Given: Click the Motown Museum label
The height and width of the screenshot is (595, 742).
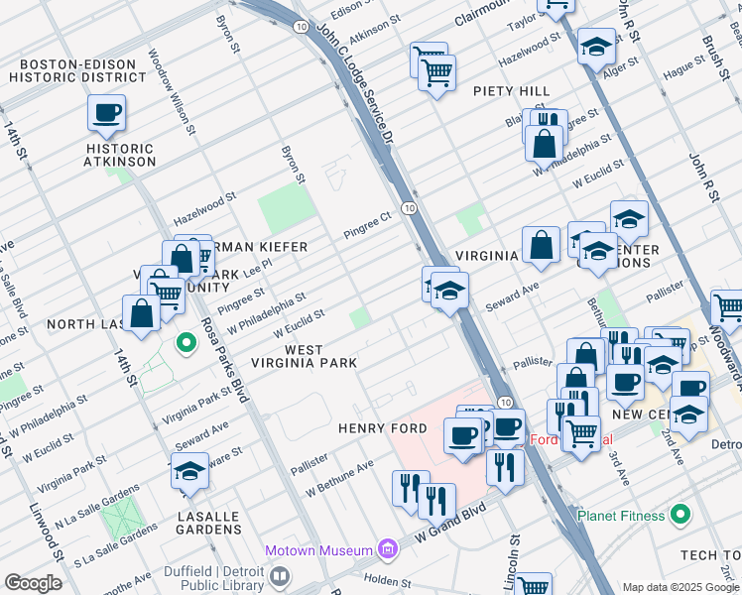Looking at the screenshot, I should [317, 550].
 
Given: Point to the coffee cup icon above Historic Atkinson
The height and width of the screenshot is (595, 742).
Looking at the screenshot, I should [106, 113].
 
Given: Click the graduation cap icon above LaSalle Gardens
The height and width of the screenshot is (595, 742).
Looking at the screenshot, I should [189, 472].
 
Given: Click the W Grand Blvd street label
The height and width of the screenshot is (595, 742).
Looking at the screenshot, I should [452, 522].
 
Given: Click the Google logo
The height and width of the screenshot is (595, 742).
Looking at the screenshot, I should [34, 582].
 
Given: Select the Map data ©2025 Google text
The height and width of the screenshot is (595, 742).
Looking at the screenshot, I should [680, 587].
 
